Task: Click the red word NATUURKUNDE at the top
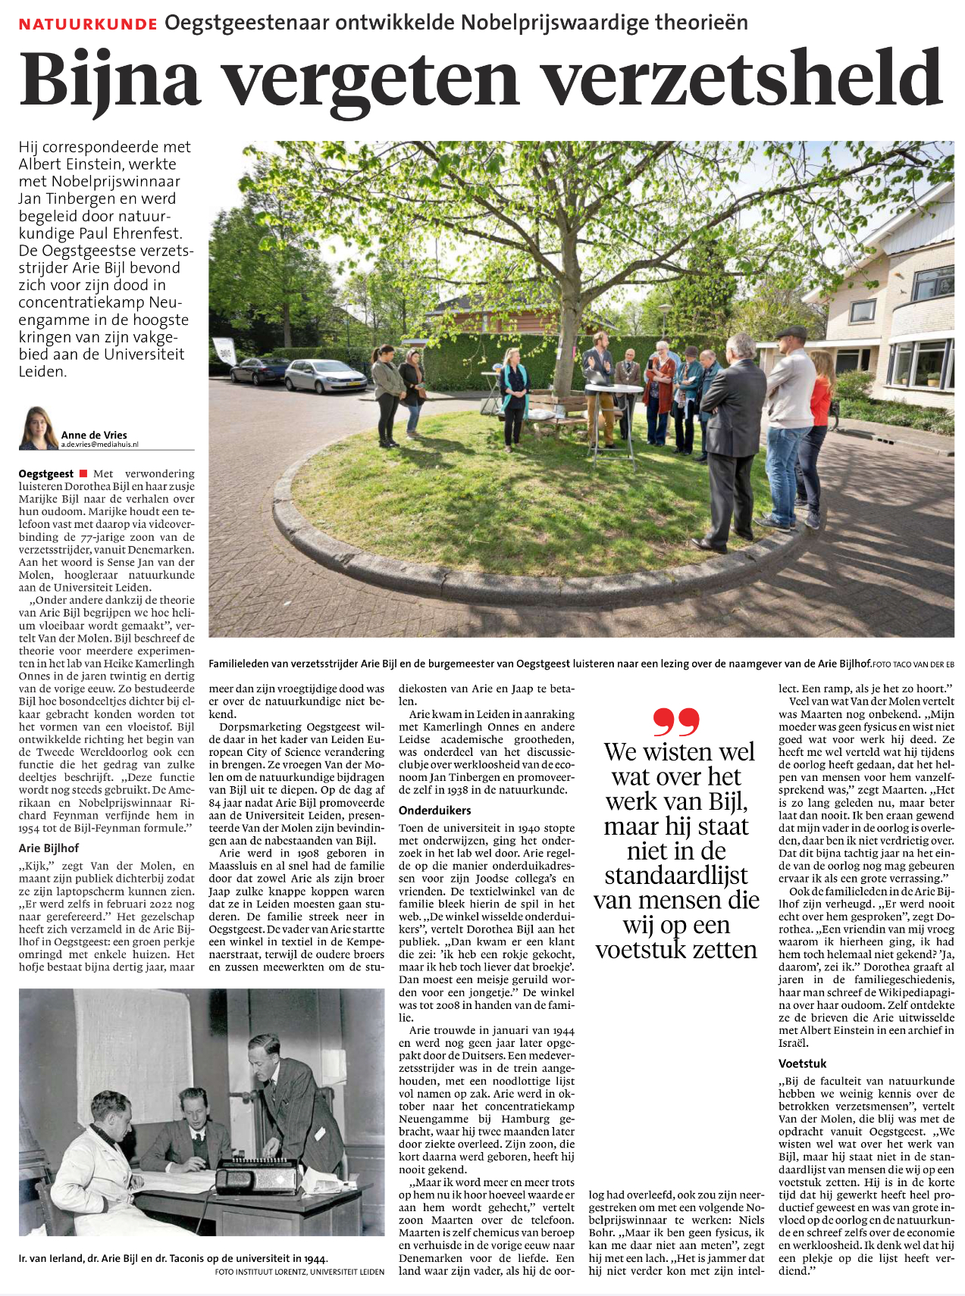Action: coord(88,24)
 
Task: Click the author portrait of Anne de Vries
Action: coord(38,428)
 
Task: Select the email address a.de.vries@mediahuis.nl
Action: coord(100,445)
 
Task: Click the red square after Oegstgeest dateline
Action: coord(83,473)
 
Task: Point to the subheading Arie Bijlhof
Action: coord(49,848)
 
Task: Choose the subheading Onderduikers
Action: coord(435,810)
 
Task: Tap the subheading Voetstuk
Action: coord(802,1063)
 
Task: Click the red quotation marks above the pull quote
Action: coord(675,722)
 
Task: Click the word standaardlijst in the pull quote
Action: coord(676,876)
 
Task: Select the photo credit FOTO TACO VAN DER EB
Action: coord(913,664)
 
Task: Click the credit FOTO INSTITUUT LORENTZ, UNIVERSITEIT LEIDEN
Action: coord(299,1272)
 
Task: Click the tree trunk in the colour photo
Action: coord(565,356)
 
